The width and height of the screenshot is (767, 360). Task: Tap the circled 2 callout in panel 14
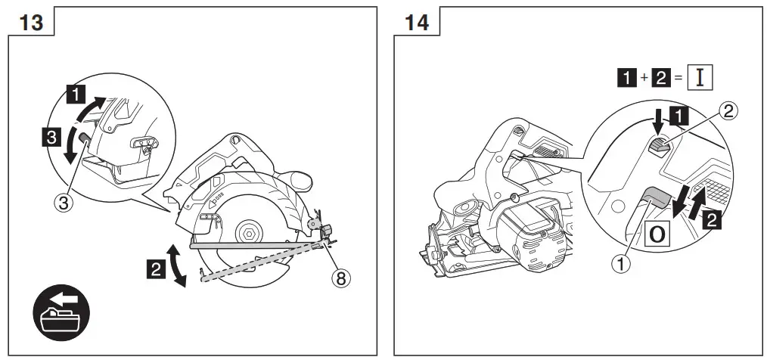click(727, 112)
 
